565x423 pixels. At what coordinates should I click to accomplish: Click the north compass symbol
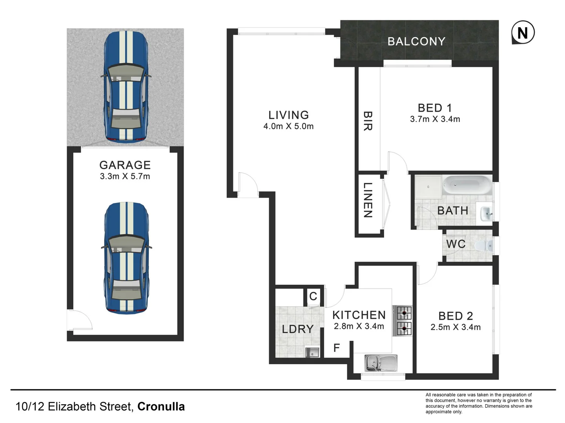tap(523, 33)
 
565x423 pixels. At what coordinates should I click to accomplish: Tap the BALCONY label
tap(416, 42)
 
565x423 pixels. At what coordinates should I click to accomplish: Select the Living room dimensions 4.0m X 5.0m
tap(288, 127)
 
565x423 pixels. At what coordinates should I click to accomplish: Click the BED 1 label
tap(435, 108)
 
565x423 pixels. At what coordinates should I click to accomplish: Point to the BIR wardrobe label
tap(368, 121)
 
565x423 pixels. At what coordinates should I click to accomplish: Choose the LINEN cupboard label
tap(368, 200)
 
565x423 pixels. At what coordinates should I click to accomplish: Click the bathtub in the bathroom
tap(467, 185)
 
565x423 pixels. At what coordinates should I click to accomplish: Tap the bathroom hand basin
tap(486, 213)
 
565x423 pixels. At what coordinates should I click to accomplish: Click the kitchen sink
tap(381, 363)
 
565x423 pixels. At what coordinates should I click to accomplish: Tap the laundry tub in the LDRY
tap(312, 352)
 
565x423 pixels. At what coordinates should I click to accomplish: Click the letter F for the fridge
tap(336, 348)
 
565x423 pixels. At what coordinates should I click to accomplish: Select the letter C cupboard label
tap(313, 296)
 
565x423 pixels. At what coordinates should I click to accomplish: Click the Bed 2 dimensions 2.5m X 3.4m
tap(456, 327)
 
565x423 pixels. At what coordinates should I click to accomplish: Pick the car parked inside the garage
tap(126, 258)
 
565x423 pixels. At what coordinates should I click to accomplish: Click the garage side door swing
tap(80, 320)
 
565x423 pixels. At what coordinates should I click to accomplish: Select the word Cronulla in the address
tap(161, 407)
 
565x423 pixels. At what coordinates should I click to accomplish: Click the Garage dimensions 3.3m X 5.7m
tap(125, 176)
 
